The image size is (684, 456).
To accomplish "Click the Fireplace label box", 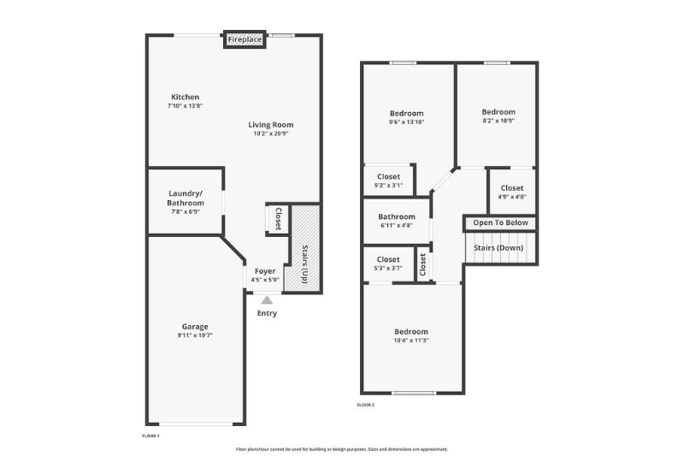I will pos(245,39).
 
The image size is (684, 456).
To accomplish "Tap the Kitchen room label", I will pos(185,97).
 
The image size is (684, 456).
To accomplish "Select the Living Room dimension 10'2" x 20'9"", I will pos(271,133).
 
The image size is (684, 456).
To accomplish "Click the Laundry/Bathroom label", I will pos(186,198).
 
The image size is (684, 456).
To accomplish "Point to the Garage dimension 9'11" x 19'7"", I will pos(195,335).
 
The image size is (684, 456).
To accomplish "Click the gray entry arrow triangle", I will pos(267,299).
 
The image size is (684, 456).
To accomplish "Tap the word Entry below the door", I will pos(267,313).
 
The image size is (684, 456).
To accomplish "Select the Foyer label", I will pos(265,271).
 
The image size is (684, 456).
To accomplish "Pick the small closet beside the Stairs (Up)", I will pos(277,219).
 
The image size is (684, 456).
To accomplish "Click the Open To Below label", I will pos(501,223).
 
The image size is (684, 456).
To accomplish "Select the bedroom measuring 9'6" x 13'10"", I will pos(406,117).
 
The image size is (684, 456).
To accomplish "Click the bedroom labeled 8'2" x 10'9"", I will pos(498,116).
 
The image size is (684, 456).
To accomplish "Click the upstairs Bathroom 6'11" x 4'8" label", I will pos(397,221).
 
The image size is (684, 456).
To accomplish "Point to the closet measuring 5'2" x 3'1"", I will pos(388,181).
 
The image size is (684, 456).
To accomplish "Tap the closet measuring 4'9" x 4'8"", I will pos(512,192).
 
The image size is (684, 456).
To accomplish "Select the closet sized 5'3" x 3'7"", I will pos(388,264).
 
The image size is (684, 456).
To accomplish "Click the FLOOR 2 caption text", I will pos(365,405).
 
